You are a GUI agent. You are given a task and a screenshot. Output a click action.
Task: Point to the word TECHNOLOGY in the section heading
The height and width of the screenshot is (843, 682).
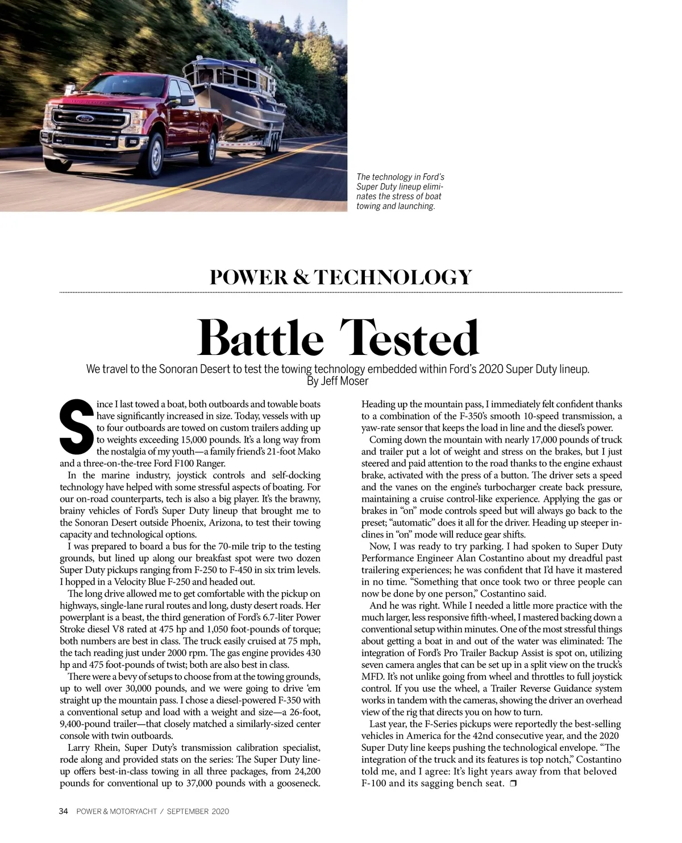393,277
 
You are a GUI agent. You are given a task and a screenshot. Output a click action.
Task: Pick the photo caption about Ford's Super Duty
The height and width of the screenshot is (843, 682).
400,192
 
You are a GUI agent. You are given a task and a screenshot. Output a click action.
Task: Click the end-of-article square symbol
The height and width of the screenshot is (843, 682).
513,784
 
